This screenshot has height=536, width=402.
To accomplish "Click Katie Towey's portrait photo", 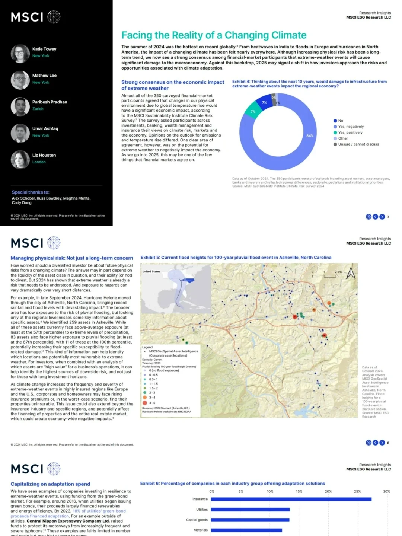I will pos(20,54).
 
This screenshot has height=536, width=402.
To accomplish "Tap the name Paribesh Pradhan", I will pos(50,102).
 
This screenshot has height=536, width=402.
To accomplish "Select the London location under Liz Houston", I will pos(39,162).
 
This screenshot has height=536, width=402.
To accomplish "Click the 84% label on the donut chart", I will pos(310,136).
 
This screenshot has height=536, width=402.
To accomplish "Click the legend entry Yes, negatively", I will pos(351,127).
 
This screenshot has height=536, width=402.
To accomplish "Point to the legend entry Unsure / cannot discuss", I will pos(358,144).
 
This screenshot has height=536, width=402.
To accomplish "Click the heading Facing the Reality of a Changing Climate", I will pos(214,35).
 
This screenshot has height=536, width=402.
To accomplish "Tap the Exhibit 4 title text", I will pos(309,84).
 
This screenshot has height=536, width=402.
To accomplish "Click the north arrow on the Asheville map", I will pos(351,273).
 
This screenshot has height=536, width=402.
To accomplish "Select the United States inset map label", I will pos(151,271).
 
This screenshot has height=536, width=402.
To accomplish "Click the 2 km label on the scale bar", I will pos(338,272).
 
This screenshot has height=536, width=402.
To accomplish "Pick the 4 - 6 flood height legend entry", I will pos(152,403).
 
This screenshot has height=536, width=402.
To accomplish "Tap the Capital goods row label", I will pos(197,520).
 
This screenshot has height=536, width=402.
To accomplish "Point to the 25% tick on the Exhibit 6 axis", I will pos(357,491).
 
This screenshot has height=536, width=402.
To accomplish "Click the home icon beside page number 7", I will pos(368,217).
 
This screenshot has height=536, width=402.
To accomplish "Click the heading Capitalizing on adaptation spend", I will pos(50,484).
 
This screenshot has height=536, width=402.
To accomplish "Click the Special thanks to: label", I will pos(31,192).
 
